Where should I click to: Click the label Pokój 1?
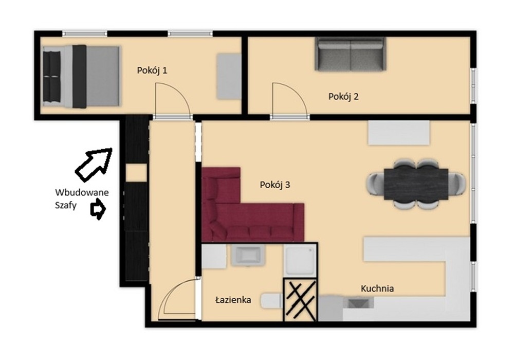pyautogui.click(x=152, y=70)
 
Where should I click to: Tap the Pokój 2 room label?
pyautogui.click(x=343, y=97)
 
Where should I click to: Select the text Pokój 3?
pyautogui.click(x=274, y=185)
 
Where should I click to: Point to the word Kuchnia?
pyautogui.click(x=377, y=288)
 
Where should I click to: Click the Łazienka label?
pyautogui.click(x=233, y=300)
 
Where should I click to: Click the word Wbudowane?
pyautogui.click(x=82, y=192)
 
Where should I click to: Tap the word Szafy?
pyautogui.click(x=66, y=206)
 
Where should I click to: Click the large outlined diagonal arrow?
pyautogui.click(x=94, y=165)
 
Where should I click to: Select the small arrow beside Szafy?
pyautogui.click(x=98, y=210)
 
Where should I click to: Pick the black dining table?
pyautogui.click(x=416, y=184)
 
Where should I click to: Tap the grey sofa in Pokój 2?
pyautogui.click(x=351, y=55)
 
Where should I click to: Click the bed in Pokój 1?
pyautogui.click(x=81, y=77)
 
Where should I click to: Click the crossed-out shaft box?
pyautogui.click(x=300, y=299)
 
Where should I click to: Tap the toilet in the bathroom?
pyautogui.click(x=271, y=301)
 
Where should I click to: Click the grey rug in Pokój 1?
pyautogui.click(x=229, y=77)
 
